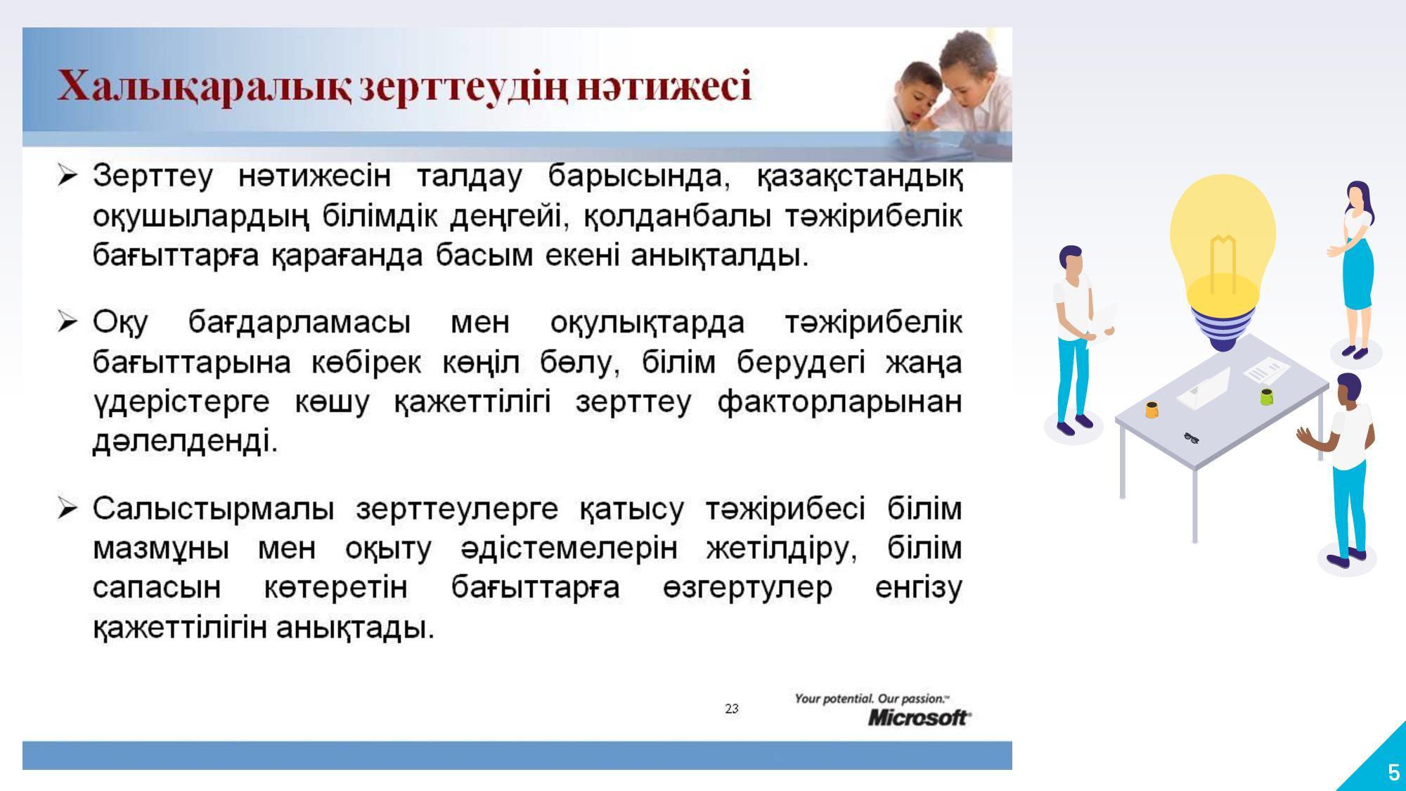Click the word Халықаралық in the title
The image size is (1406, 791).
pyautogui.click(x=204, y=88)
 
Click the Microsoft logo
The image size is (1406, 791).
pyautogui.click(x=920, y=717)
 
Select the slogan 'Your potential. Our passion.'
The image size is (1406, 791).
pyautogui.click(x=872, y=698)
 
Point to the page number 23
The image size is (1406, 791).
pyautogui.click(x=732, y=708)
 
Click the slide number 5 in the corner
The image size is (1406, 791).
pyautogui.click(x=1393, y=773)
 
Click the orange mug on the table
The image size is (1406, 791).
pyautogui.click(x=1152, y=409)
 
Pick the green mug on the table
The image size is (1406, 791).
pyautogui.click(x=1267, y=397)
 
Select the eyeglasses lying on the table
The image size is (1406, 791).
pyautogui.click(x=1191, y=438)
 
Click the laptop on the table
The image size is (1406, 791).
pyautogui.click(x=1205, y=389)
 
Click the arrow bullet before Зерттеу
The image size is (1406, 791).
pyautogui.click(x=67, y=175)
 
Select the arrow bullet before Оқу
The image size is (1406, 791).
pyautogui.click(x=67, y=322)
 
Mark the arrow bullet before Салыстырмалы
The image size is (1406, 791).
pyautogui.click(x=67, y=508)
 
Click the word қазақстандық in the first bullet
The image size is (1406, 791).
pyautogui.click(x=859, y=176)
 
